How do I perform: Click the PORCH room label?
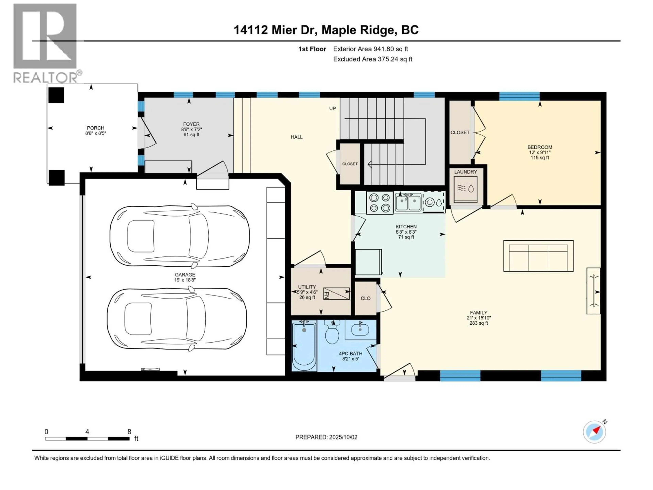(x=95, y=128)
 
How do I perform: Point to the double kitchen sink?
(x=408, y=203)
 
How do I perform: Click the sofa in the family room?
(x=538, y=256)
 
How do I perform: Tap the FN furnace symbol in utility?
(x=336, y=294)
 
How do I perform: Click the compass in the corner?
(x=594, y=432)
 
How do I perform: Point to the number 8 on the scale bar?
(x=129, y=431)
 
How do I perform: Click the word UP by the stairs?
(x=332, y=108)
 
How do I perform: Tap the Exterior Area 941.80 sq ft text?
(x=371, y=49)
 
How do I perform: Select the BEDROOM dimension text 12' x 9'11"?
(x=540, y=152)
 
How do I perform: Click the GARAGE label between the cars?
(x=185, y=275)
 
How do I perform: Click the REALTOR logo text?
(x=46, y=78)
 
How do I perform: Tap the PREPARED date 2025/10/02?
(x=326, y=437)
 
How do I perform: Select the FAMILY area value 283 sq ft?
(x=479, y=323)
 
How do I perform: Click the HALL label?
(x=296, y=137)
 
